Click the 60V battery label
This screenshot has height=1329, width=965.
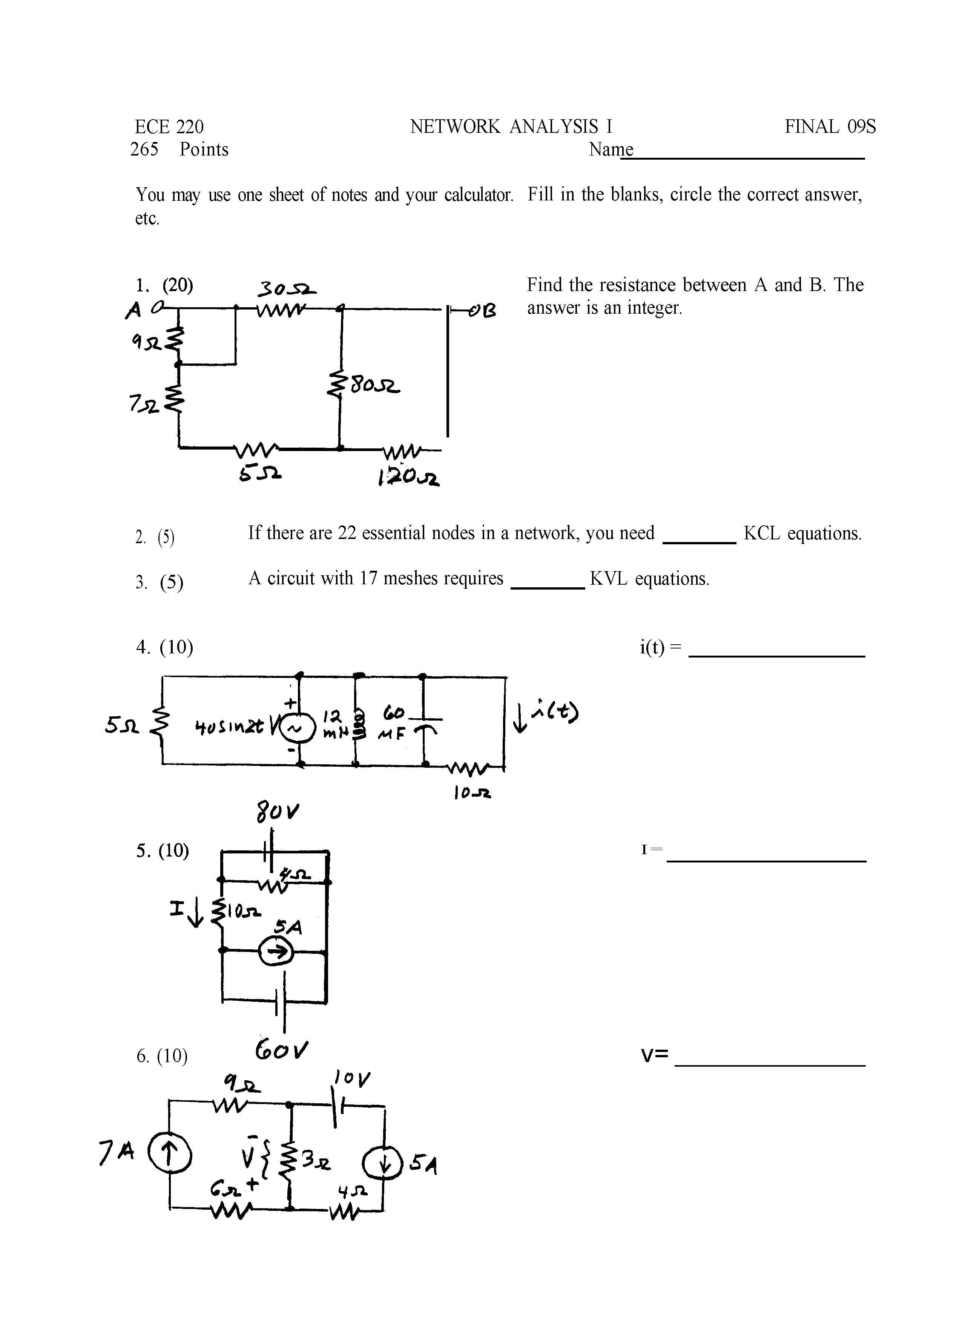281,1049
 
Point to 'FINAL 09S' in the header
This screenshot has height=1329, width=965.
830,126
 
